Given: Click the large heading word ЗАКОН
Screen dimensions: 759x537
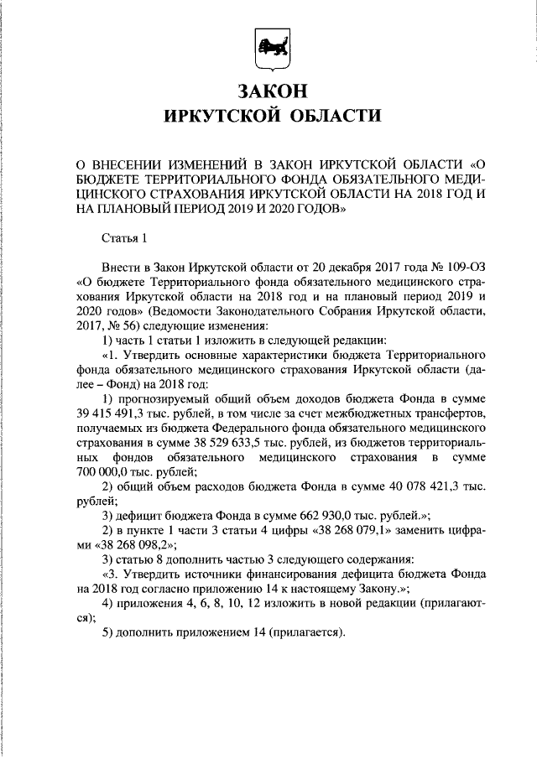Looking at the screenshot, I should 268,90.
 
